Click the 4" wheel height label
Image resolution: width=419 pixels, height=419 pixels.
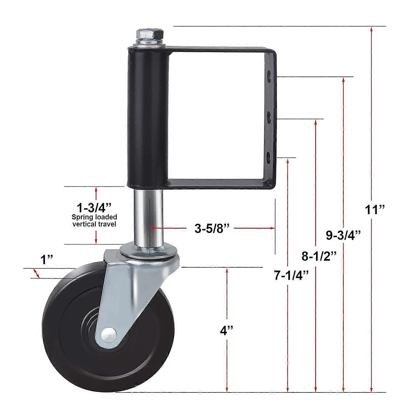pyautogui.click(x=226, y=331)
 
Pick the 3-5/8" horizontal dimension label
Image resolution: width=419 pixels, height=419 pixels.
pyautogui.click(x=212, y=228)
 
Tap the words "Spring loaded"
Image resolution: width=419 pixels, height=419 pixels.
pyautogui.click(x=94, y=217)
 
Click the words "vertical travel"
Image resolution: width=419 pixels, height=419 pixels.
pyautogui.click(x=94, y=224)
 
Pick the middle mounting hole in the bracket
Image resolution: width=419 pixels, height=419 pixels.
pyautogui.click(x=269, y=117)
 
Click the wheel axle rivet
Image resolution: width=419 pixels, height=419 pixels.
pyautogui.click(x=109, y=334)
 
